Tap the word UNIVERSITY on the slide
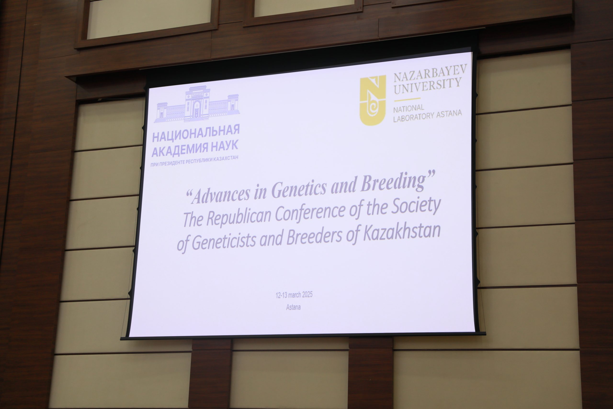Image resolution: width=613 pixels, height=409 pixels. point(427,86)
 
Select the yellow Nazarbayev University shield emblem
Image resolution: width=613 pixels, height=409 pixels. point(373,100)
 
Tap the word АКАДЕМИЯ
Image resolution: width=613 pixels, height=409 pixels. point(180,150)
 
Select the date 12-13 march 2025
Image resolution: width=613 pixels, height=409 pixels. point(294,295)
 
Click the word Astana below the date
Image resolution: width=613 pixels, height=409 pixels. point(294,307)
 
